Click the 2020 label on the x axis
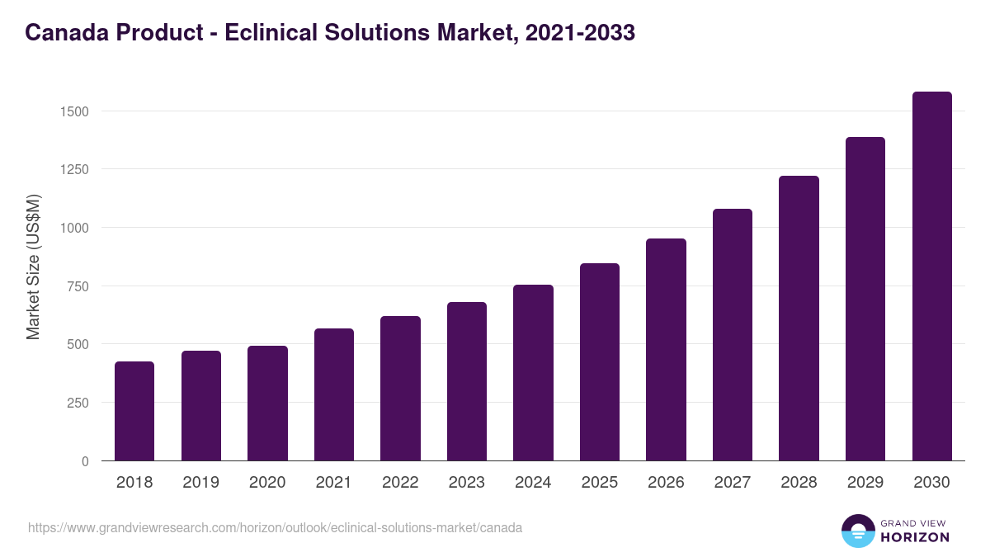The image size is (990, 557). (267, 483)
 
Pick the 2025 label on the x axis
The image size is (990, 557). (600, 483)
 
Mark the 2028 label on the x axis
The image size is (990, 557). (799, 483)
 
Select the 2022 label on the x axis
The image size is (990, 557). (400, 483)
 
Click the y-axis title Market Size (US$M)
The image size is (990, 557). (33, 267)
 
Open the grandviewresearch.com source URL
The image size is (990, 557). (275, 527)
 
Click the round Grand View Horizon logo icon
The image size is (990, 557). (857, 531)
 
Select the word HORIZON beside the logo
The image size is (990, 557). (915, 537)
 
